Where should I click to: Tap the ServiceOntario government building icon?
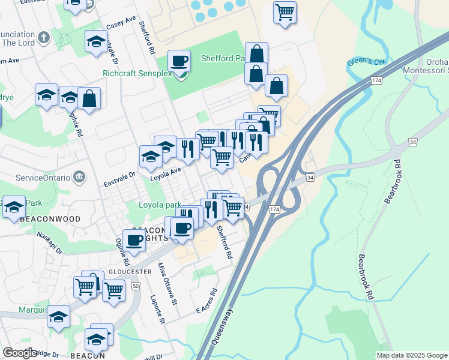point(79,177)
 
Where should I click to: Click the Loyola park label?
point(160,205)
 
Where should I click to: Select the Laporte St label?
point(158,308)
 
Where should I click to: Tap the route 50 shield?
point(136,286)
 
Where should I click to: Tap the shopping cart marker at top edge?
point(284,11)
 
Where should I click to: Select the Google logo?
point(20,353)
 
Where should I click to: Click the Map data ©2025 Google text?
point(412,355)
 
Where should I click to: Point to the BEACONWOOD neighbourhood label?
point(50,220)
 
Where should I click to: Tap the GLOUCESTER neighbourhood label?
point(130,271)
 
